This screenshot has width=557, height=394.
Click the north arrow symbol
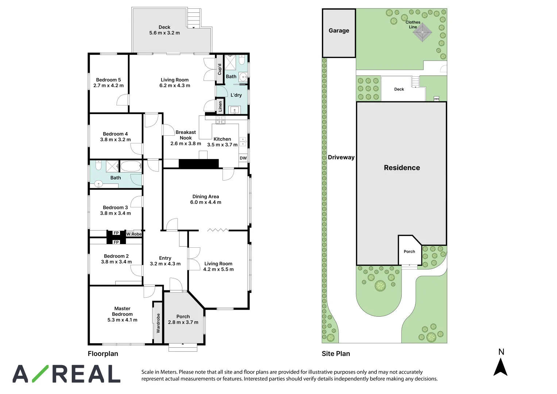coord(500,367)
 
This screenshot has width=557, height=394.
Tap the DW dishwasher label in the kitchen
coord(243,158)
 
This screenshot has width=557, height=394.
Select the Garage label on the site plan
coord(339,31)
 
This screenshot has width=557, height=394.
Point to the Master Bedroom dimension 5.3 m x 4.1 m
coord(122,320)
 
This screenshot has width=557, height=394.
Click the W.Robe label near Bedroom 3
coord(134,234)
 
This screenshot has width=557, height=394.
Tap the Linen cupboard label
coord(220,106)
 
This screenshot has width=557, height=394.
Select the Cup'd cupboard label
coord(220,69)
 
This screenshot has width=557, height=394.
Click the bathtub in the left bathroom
coord(131,166)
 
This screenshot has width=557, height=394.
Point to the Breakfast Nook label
coord(186,135)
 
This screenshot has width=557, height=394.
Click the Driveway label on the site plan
coord(341,157)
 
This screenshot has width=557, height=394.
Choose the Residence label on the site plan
coord(402,168)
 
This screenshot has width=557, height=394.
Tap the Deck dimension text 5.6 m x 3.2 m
coord(165,33)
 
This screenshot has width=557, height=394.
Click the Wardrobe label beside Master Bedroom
coord(158,323)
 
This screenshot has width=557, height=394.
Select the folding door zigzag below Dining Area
coord(218,230)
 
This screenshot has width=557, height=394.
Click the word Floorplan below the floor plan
coord(103,354)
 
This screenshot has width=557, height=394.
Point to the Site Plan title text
coord(336,354)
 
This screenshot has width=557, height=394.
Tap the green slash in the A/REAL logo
coord(40,374)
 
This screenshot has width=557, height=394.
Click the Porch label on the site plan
coord(409,251)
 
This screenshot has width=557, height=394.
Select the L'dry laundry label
coord(236,95)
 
